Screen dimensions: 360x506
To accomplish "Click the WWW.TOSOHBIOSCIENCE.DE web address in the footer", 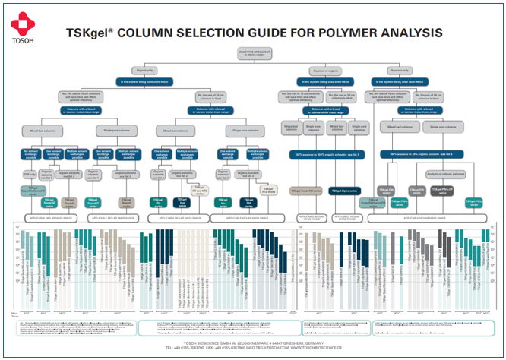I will coord(319,348).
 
